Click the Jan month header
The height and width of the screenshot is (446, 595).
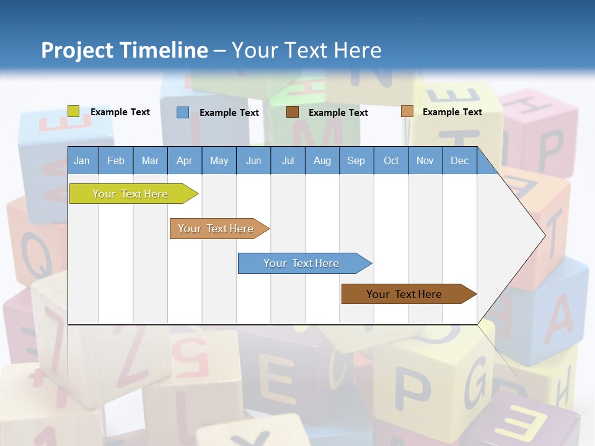coord(82,160)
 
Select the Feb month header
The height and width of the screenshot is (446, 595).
coord(116,160)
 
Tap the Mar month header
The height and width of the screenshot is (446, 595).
coord(150,160)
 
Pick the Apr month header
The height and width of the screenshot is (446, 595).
coord(184,160)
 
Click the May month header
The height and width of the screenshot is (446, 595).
coord(219,160)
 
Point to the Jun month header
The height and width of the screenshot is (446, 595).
coord(253,160)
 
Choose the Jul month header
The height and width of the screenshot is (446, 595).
coord(288,160)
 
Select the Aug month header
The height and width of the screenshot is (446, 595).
coord(322,160)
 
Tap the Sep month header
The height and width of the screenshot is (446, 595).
coord(356,160)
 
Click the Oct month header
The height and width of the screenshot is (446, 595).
coord(391,160)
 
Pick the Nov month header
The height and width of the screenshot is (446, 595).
coord(425,160)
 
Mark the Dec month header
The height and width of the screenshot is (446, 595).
coord(459,160)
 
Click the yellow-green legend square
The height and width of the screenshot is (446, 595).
coord(74,111)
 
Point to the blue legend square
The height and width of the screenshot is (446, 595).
coord(183,112)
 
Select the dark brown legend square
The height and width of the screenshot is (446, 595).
coord(293,112)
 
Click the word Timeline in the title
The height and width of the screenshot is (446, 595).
coord(163,50)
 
